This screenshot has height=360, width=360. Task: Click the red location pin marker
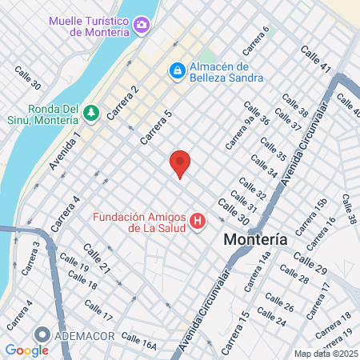pyautogui.click(x=180, y=162)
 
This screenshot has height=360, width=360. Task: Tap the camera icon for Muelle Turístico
pyautogui.click(x=142, y=25)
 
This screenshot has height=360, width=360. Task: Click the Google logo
pyautogui.click(x=26, y=350)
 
